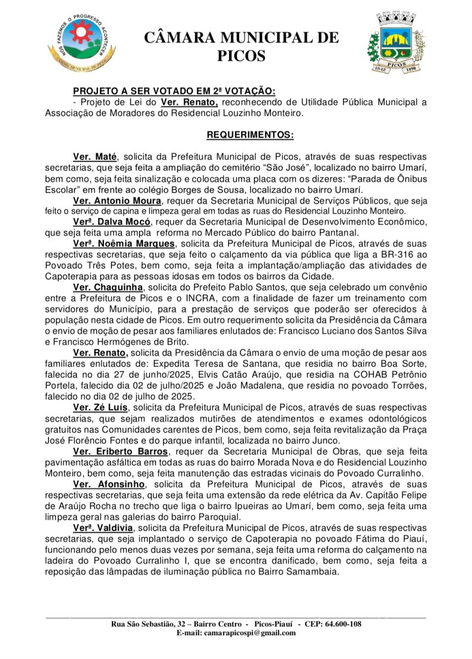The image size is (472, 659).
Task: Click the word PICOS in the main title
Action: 241,56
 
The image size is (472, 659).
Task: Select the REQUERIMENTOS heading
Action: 249,135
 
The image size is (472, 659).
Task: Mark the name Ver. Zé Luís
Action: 101,407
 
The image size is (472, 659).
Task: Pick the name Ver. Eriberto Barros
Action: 121,451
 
